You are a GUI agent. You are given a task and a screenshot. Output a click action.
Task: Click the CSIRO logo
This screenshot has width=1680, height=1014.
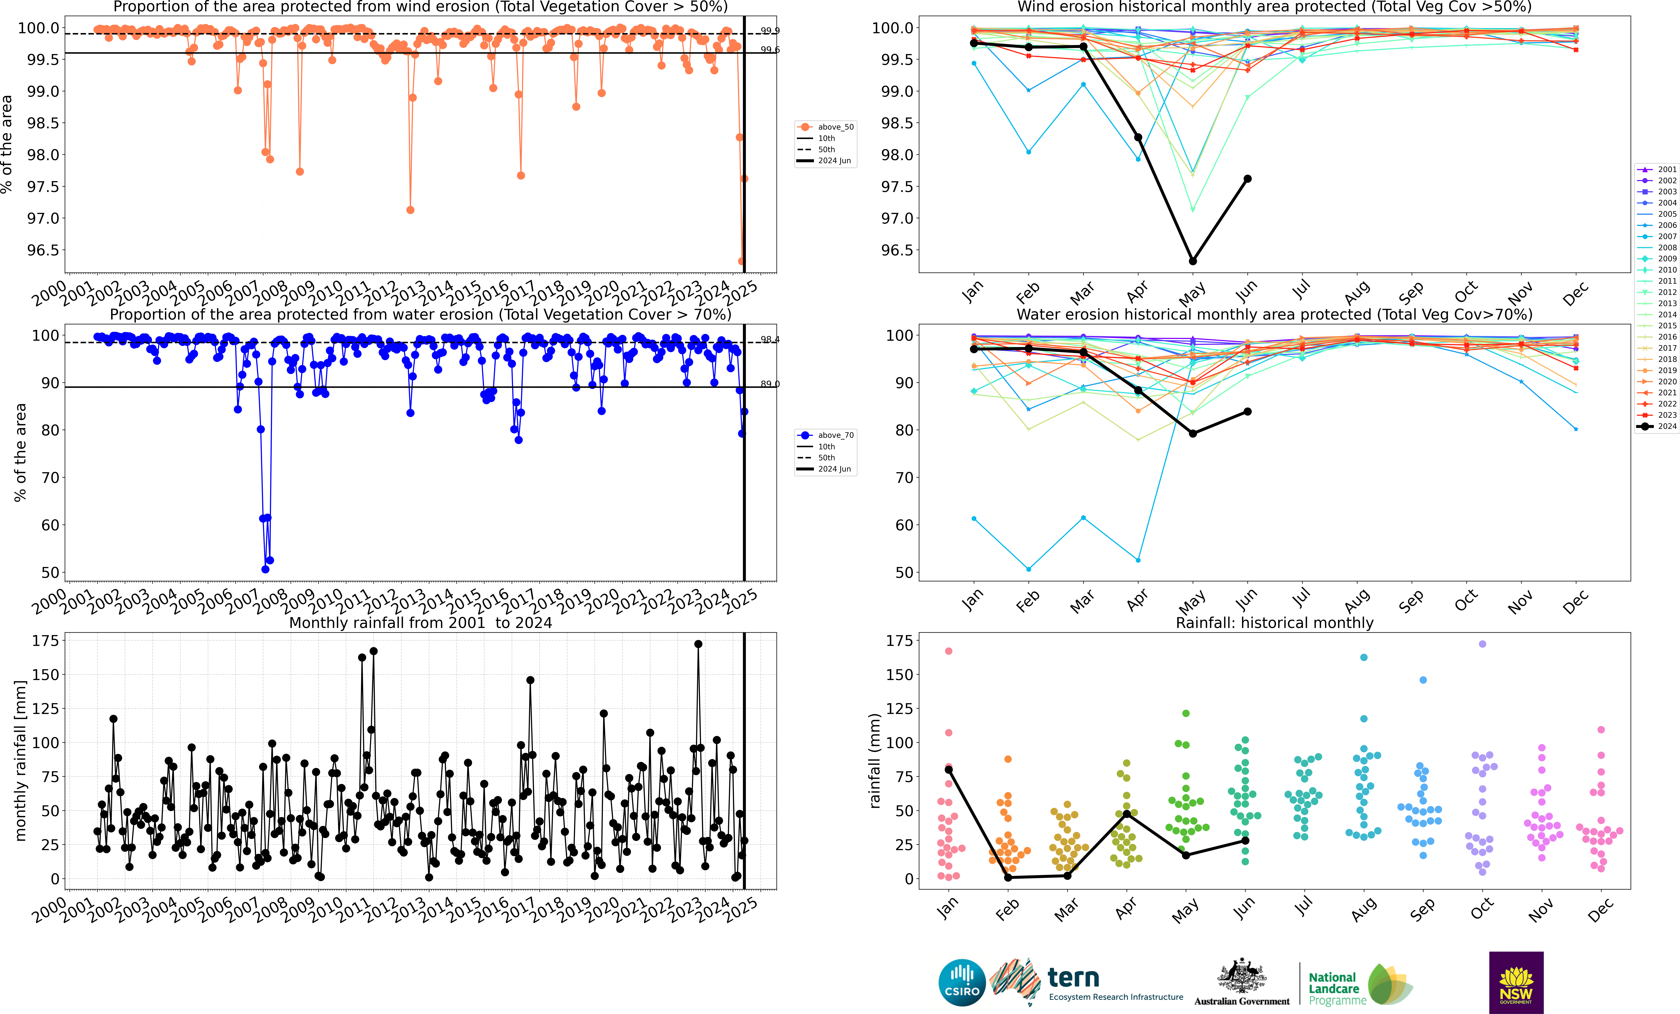962,983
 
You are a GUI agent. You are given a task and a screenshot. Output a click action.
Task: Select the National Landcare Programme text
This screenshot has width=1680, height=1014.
1336,989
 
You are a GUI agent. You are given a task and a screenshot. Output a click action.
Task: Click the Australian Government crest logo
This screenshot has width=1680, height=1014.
1242,976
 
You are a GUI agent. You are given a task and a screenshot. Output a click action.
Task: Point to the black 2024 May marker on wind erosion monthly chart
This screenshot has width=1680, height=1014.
1193,261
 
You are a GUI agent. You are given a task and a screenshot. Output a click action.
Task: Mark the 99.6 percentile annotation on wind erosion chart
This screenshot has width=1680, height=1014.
770,50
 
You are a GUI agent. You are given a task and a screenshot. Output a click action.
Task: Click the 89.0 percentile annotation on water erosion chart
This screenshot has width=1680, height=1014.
770,384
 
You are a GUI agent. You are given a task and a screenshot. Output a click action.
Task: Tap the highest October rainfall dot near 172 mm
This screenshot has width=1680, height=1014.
1482,644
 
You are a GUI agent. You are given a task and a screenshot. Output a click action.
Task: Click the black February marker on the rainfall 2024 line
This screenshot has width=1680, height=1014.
1008,878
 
